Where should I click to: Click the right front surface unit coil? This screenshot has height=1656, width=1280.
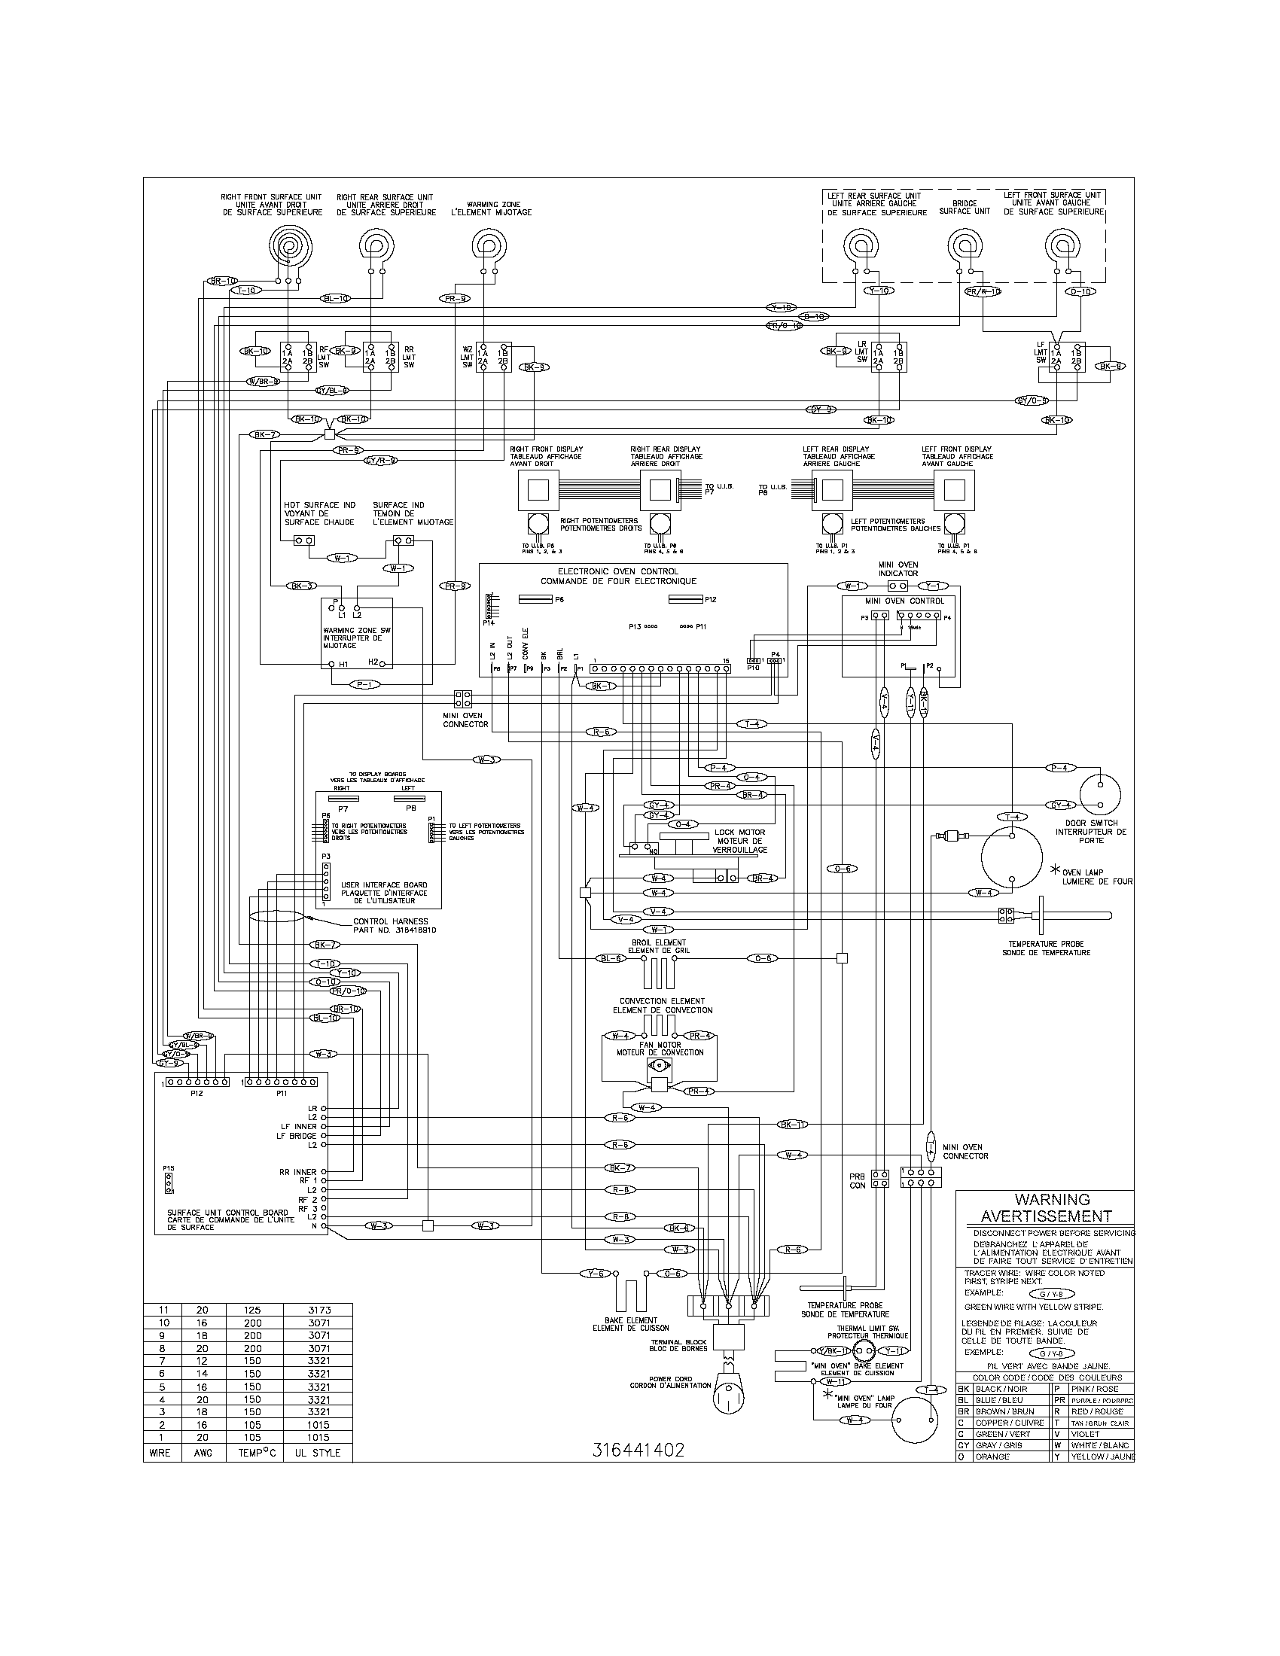coord(288,245)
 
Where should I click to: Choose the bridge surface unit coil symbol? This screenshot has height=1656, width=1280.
coord(965,245)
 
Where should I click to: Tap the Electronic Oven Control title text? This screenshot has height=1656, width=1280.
coord(618,577)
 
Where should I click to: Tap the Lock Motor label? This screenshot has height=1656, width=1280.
coord(739,840)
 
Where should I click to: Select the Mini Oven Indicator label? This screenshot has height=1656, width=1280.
coord(898,568)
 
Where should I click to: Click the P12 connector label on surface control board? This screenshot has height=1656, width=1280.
coord(197,1094)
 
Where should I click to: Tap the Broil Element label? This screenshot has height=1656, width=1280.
coord(658,945)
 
